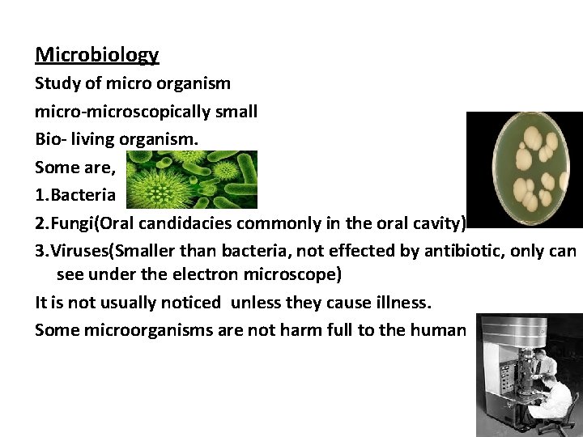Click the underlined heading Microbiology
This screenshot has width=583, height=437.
point(97,55)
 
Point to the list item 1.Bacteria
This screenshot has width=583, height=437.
point(75,195)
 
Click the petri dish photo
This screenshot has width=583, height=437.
point(524,168)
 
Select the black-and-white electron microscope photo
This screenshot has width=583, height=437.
point(529,375)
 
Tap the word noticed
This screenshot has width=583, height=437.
point(182,303)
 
